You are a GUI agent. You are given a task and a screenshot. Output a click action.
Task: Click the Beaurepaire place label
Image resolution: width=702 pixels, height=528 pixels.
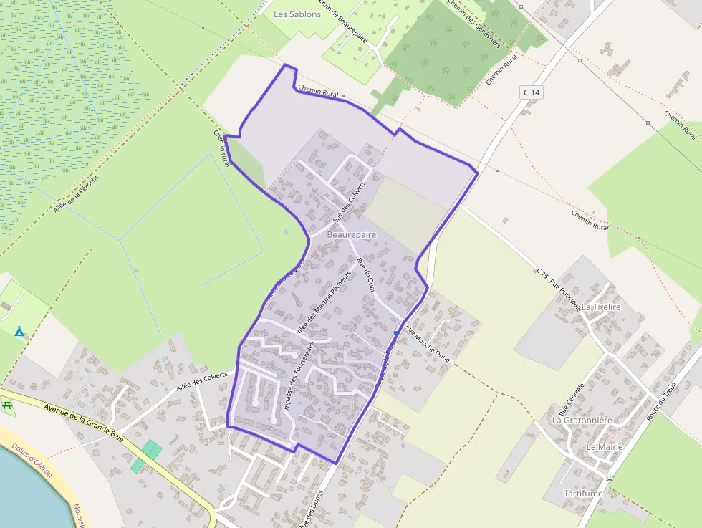(x=351, y=234)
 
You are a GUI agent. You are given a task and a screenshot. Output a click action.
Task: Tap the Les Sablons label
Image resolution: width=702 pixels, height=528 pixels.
(x=297, y=14)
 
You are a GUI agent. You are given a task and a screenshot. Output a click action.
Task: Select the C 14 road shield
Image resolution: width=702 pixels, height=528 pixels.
(x=531, y=92)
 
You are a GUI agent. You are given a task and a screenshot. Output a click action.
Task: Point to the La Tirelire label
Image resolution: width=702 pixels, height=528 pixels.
(x=601, y=307)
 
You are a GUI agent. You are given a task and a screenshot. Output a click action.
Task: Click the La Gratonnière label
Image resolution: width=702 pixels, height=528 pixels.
(x=582, y=421)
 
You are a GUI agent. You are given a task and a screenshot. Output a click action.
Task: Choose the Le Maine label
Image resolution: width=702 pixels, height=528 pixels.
(x=605, y=446)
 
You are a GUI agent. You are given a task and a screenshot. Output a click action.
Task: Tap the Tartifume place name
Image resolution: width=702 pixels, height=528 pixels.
(x=582, y=494)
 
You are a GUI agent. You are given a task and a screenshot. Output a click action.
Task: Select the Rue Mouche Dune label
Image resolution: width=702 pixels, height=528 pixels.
(x=427, y=344)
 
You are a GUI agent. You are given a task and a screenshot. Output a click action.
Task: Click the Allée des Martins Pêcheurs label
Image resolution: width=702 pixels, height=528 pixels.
(x=323, y=300)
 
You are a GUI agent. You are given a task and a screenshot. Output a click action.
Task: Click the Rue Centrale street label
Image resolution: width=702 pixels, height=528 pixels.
(x=571, y=400)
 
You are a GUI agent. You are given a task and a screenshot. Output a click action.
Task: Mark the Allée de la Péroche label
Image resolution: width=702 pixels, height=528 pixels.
(x=76, y=193)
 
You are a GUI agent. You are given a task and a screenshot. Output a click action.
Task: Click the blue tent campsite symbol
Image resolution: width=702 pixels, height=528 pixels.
(x=19, y=331)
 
